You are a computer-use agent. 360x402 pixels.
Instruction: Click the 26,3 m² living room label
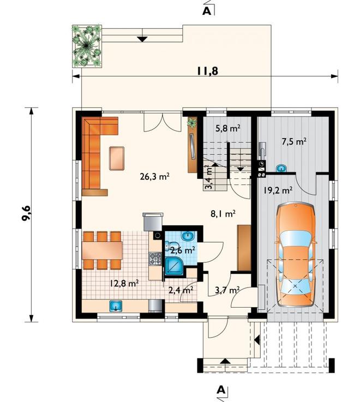coord(154,176)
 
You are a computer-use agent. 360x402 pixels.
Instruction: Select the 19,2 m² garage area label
coord(278,190)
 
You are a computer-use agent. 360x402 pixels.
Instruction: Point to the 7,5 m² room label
coord(294,141)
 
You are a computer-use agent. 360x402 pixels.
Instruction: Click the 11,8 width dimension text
coord(208,71)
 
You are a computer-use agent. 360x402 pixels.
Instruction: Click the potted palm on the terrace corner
coord(87,46)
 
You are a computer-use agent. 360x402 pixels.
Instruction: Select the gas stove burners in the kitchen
coord(155,259)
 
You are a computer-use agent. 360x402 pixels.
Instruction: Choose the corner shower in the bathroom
coord(175,267)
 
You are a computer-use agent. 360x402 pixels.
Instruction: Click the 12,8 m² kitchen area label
coord(124,283)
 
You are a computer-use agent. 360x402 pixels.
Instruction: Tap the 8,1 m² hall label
coord(223,214)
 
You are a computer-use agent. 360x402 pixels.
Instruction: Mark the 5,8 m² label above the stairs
coord(227,128)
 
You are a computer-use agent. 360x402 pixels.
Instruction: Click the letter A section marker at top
coord(207,11)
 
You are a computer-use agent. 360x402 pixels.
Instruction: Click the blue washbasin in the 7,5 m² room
coord(281,168)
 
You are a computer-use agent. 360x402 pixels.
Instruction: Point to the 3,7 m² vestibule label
coord(227,290)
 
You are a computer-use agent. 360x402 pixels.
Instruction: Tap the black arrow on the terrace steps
coord(142,39)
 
